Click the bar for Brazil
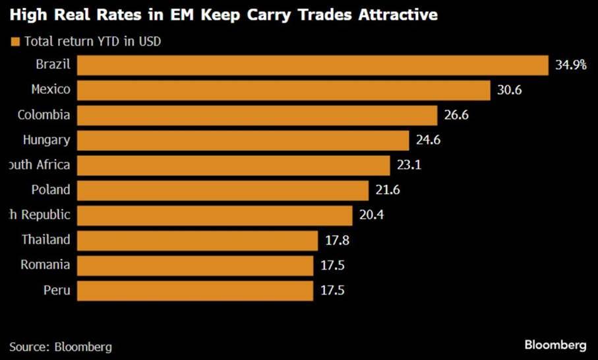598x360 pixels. tap(313, 65)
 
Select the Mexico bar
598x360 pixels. tap(284, 90)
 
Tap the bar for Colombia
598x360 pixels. tap(257, 115)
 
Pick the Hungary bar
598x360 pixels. tap(243, 140)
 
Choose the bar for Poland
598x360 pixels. tap(223, 190)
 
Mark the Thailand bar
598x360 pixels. tap(197, 240)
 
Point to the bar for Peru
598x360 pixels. tap(195, 290)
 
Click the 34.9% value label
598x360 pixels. tap(570, 65)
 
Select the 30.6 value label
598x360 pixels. tap(509, 90)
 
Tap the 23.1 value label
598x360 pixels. tap(409, 165)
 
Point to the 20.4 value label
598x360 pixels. tap(371, 215)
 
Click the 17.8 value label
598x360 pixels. tap(337, 240)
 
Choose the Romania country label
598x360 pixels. tap(45, 265)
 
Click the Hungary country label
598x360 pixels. tap(46, 140)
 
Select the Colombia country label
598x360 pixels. tap(44, 115)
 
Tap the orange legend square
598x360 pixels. tap(15, 42)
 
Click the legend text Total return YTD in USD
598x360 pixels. tap(93, 42)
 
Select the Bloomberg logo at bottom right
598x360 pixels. tap(555, 345)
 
